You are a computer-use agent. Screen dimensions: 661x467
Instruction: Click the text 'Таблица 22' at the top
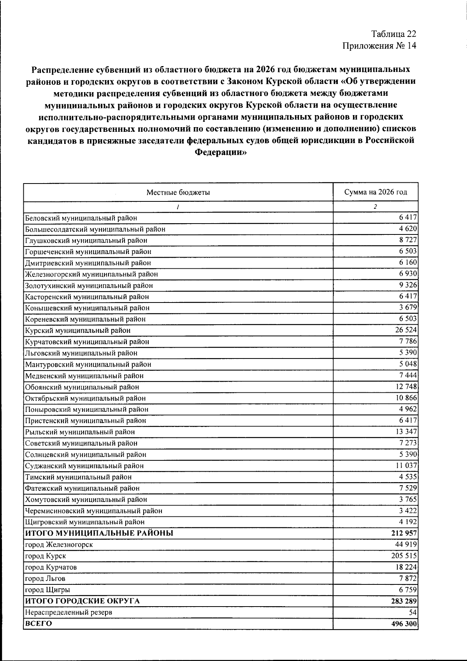click(x=393, y=34)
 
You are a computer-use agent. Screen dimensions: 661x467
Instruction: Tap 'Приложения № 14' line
click(x=379, y=46)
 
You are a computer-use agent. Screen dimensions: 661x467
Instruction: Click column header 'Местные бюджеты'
click(x=178, y=192)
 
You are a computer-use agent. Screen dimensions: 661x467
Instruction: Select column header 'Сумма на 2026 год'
click(x=376, y=192)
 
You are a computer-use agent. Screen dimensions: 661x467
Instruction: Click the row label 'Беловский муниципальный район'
click(x=81, y=218)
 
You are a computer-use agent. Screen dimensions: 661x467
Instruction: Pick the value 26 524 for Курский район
click(x=406, y=330)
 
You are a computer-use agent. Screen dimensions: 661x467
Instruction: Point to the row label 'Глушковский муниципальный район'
click(x=86, y=241)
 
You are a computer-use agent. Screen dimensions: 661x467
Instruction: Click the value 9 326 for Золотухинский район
click(x=408, y=285)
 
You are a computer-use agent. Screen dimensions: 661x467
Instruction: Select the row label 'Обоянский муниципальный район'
click(x=82, y=387)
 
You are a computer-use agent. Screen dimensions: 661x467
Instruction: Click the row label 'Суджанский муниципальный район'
click(x=84, y=466)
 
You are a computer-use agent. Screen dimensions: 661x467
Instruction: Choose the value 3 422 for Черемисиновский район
click(x=408, y=511)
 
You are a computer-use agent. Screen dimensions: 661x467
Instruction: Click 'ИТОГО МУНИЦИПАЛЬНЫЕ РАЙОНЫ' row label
click(x=99, y=533)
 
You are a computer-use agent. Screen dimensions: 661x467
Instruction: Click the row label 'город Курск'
click(x=45, y=556)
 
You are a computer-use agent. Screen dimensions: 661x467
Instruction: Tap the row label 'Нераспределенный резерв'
click(x=68, y=612)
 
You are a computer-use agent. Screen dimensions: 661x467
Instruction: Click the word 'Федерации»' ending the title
click(x=220, y=152)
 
